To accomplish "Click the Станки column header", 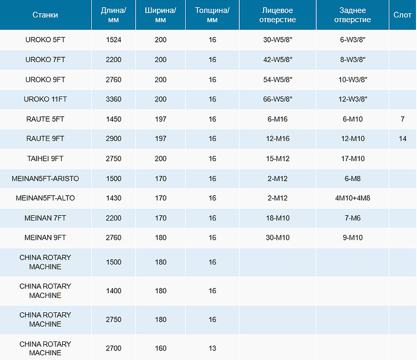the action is (45, 15).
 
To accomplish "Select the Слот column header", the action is (402, 15).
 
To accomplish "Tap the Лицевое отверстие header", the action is (277, 15).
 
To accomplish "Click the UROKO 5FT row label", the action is (45, 40).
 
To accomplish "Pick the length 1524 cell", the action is (114, 40).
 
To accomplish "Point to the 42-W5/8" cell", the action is (277, 59).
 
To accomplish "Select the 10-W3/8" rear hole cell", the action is (353, 80).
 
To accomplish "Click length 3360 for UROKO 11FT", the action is (114, 99).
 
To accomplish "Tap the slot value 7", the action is (402, 119).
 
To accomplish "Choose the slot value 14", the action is (402, 139).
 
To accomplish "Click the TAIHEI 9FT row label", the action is (45, 159).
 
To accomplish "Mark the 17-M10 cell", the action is (353, 159).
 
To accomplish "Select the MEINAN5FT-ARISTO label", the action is (45, 179).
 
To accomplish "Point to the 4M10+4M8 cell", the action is (353, 198).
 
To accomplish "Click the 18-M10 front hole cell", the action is (277, 218).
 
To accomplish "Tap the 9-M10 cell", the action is (353, 238).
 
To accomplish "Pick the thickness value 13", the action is (212, 348).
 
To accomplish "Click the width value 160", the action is (161, 348).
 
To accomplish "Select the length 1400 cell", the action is (114, 291).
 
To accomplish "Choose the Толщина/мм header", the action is (212, 15).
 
